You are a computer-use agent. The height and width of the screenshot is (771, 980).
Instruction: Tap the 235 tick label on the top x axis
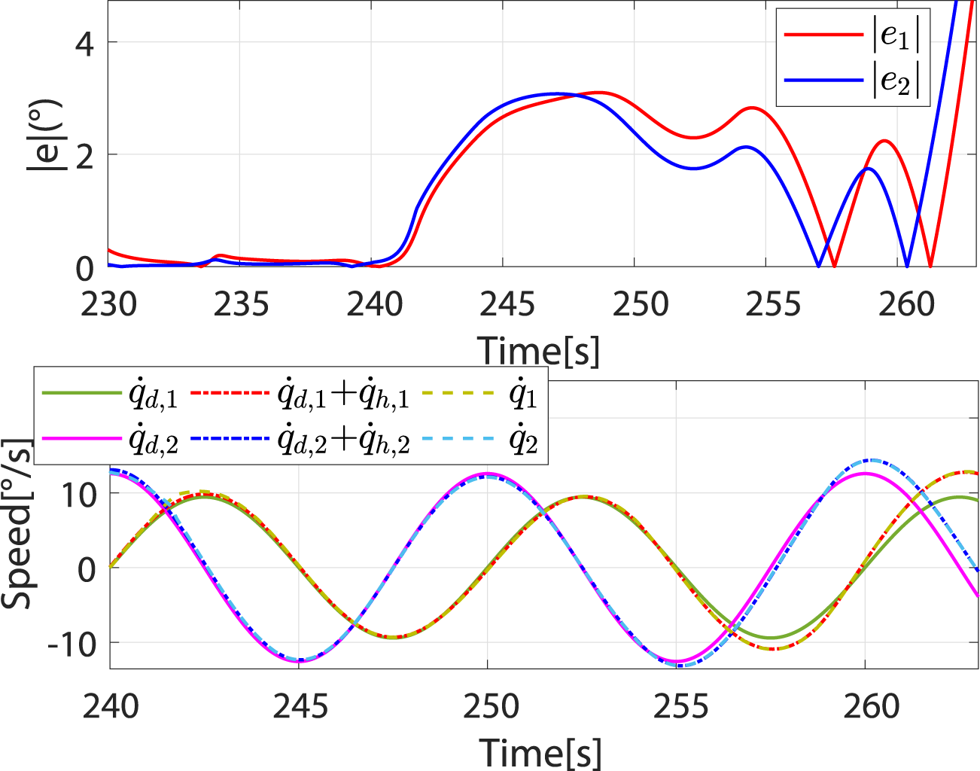242,305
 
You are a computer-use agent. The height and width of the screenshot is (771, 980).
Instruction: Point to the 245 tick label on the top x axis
507,305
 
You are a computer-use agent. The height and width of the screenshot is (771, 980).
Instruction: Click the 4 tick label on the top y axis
84,44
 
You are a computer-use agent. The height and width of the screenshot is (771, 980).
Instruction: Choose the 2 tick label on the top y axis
84,156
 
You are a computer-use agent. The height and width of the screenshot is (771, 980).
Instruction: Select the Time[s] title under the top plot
539,351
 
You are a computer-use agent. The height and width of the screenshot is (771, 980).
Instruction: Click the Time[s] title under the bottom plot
540,752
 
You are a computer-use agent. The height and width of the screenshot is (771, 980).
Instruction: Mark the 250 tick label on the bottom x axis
491,706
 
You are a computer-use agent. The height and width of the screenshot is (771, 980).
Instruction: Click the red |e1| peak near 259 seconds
884,141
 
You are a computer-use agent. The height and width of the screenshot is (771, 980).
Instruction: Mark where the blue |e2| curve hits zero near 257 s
818,266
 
